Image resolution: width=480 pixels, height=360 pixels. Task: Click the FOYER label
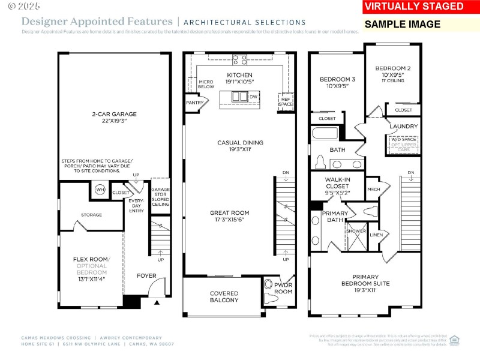pyautogui.click(x=146, y=276)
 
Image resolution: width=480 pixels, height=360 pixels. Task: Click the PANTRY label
pyautogui.click(x=194, y=103)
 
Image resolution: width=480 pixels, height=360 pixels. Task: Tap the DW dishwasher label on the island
pyautogui.click(x=253, y=97)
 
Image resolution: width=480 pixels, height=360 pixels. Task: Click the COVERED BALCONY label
pyautogui.click(x=224, y=297)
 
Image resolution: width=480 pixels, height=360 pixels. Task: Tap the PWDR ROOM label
pyautogui.click(x=283, y=289)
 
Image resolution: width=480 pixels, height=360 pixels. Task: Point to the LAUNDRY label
pyautogui.click(x=403, y=127)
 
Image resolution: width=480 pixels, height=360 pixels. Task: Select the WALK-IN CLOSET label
pyautogui.click(x=337, y=182)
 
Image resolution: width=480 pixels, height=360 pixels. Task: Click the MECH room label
pyautogui.click(x=373, y=189)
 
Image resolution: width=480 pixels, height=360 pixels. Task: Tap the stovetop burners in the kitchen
pyautogui.click(x=239, y=59)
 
